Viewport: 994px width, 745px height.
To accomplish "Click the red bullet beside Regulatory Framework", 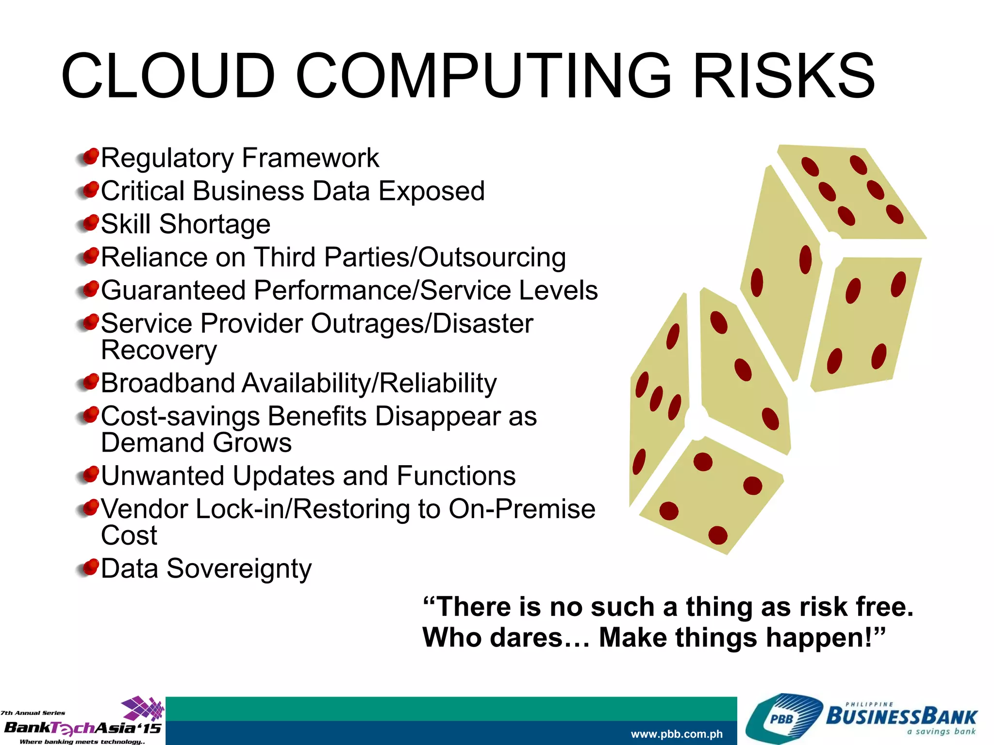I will (89, 157).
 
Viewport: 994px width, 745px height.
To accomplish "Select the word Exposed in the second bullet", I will (431, 191).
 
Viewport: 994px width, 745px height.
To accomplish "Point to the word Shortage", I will (215, 224).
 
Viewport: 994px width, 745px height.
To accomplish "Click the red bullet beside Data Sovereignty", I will (89, 567).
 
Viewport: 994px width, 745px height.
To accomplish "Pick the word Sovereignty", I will (239, 568).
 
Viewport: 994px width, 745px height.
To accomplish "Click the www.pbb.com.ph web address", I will (677, 734).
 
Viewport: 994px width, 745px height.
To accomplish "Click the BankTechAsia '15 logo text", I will (83, 728).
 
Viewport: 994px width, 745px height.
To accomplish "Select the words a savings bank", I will (941, 731).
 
